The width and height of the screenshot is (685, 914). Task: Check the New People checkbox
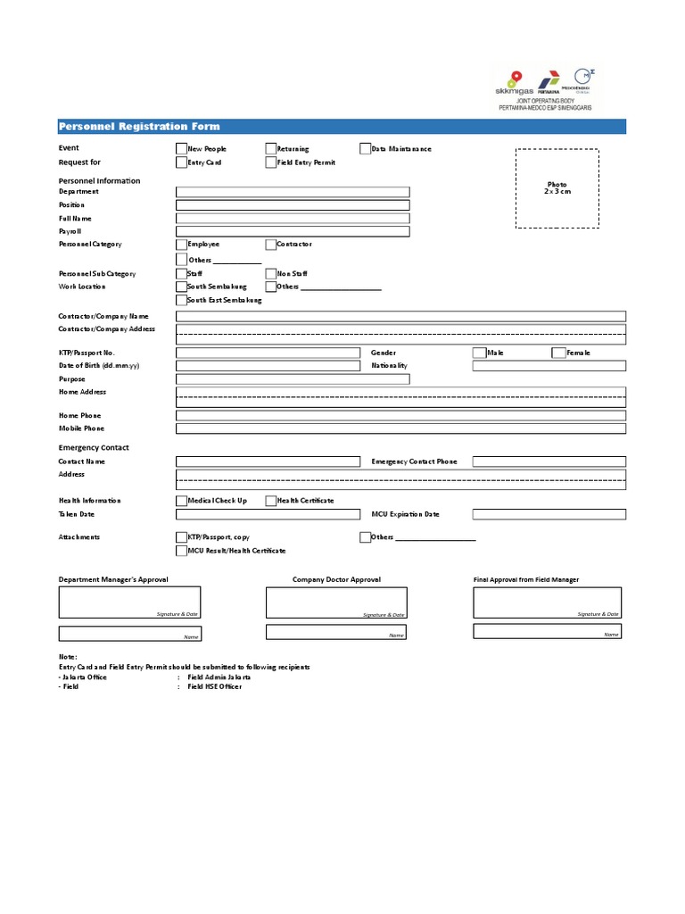(182, 149)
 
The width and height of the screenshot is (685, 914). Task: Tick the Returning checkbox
(271, 149)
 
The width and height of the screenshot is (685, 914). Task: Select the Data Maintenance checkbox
(366, 149)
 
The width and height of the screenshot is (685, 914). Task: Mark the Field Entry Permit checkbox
(271, 162)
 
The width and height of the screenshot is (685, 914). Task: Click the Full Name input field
(293, 219)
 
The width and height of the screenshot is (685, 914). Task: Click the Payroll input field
(293, 231)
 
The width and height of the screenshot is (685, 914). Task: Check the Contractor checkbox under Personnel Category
(271, 245)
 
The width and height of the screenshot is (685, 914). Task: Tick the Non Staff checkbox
(271, 274)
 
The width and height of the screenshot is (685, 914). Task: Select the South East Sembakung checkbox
(182, 301)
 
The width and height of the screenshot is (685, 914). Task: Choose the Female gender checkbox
(559, 353)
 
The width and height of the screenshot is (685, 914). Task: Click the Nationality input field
(549, 366)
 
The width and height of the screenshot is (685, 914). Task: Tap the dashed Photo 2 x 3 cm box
(557, 189)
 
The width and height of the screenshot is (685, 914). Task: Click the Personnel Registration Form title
(139, 127)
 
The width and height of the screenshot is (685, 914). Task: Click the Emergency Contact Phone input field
(549, 461)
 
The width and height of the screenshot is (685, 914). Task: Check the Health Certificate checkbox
(271, 501)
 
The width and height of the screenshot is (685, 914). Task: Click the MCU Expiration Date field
(549, 514)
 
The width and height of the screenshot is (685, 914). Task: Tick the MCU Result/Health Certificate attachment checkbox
(182, 551)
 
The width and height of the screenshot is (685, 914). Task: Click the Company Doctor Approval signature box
(336, 602)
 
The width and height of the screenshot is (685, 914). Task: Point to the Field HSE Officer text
(214, 686)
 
